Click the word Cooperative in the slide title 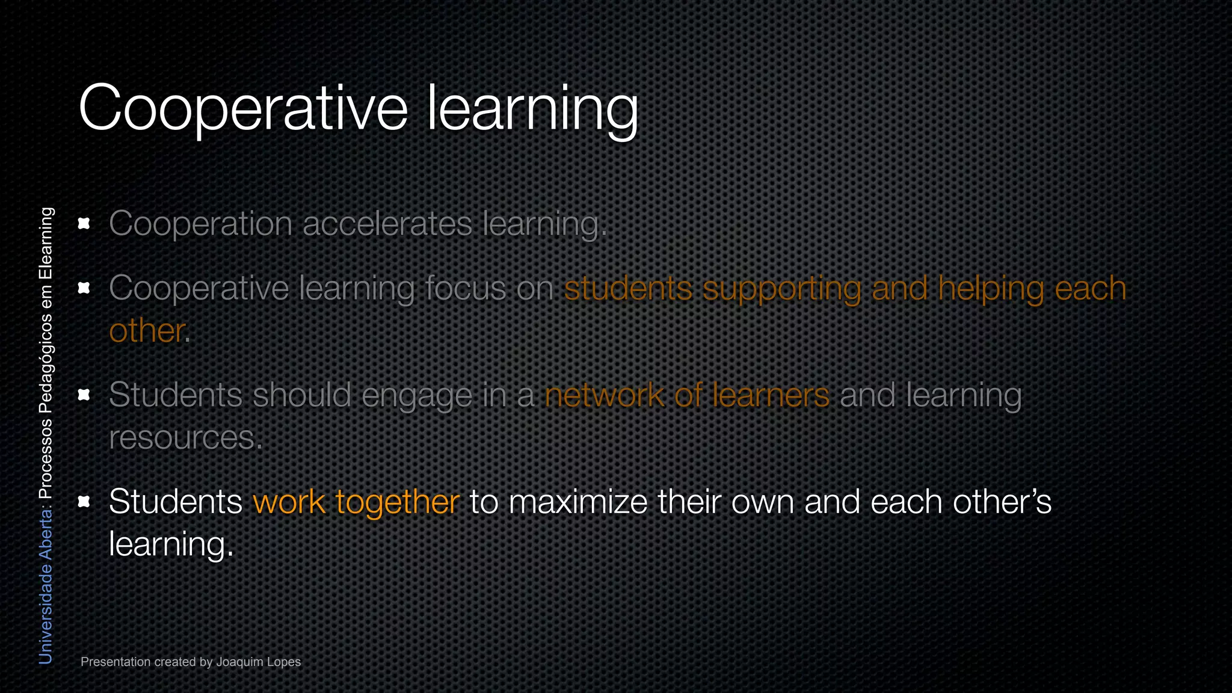pos(243,108)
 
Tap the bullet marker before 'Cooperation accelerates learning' pos(84,224)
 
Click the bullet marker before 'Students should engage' pos(84,395)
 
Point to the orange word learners pos(771,395)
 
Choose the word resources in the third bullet pos(183,437)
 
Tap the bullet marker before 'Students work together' pos(84,501)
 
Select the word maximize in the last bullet pos(577,502)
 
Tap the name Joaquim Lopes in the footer pos(258,662)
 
